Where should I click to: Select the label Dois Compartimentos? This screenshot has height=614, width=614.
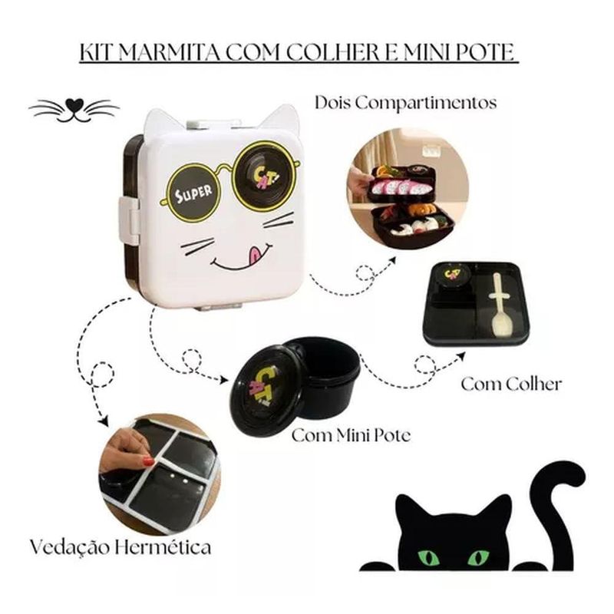(406, 104)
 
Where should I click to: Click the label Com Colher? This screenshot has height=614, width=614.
(511, 385)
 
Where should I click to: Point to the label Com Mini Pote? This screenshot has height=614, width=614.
(352, 435)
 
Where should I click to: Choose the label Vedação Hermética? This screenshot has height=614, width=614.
(120, 547)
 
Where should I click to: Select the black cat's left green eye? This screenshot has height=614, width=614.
(428, 557)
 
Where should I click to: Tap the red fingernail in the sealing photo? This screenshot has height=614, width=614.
(148, 461)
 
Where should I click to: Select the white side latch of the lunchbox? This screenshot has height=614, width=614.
(128, 220)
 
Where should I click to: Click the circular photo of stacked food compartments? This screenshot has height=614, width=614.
(408, 189)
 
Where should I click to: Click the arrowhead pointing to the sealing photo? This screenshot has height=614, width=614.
(103, 421)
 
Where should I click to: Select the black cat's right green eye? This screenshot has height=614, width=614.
(478, 557)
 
